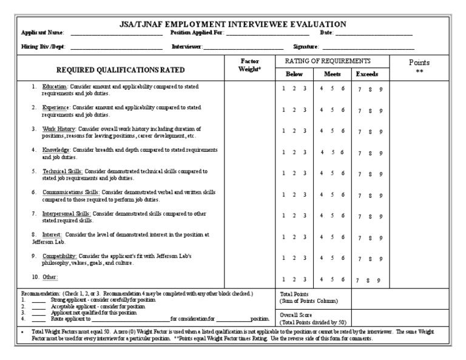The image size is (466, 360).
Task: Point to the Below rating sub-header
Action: pyautogui.click(x=294, y=74)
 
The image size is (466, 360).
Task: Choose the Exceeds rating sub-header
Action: pyautogui.click(x=367, y=74)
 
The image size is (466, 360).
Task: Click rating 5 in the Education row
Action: pyautogui.click(x=332, y=89)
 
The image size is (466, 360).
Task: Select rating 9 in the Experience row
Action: pyautogui.click(x=381, y=111)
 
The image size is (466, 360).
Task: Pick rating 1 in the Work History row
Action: pyautogui.click(x=283, y=131)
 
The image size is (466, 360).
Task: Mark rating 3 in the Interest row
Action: pyautogui.click(x=305, y=236)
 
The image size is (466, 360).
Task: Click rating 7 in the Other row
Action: pyautogui.click(x=358, y=280)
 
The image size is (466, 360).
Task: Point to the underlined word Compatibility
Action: pyautogui.click(x=59, y=256)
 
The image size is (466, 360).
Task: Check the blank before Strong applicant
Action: pyautogui.click(x=38, y=300)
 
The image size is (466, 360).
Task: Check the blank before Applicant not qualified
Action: pyautogui.click(x=38, y=313)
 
